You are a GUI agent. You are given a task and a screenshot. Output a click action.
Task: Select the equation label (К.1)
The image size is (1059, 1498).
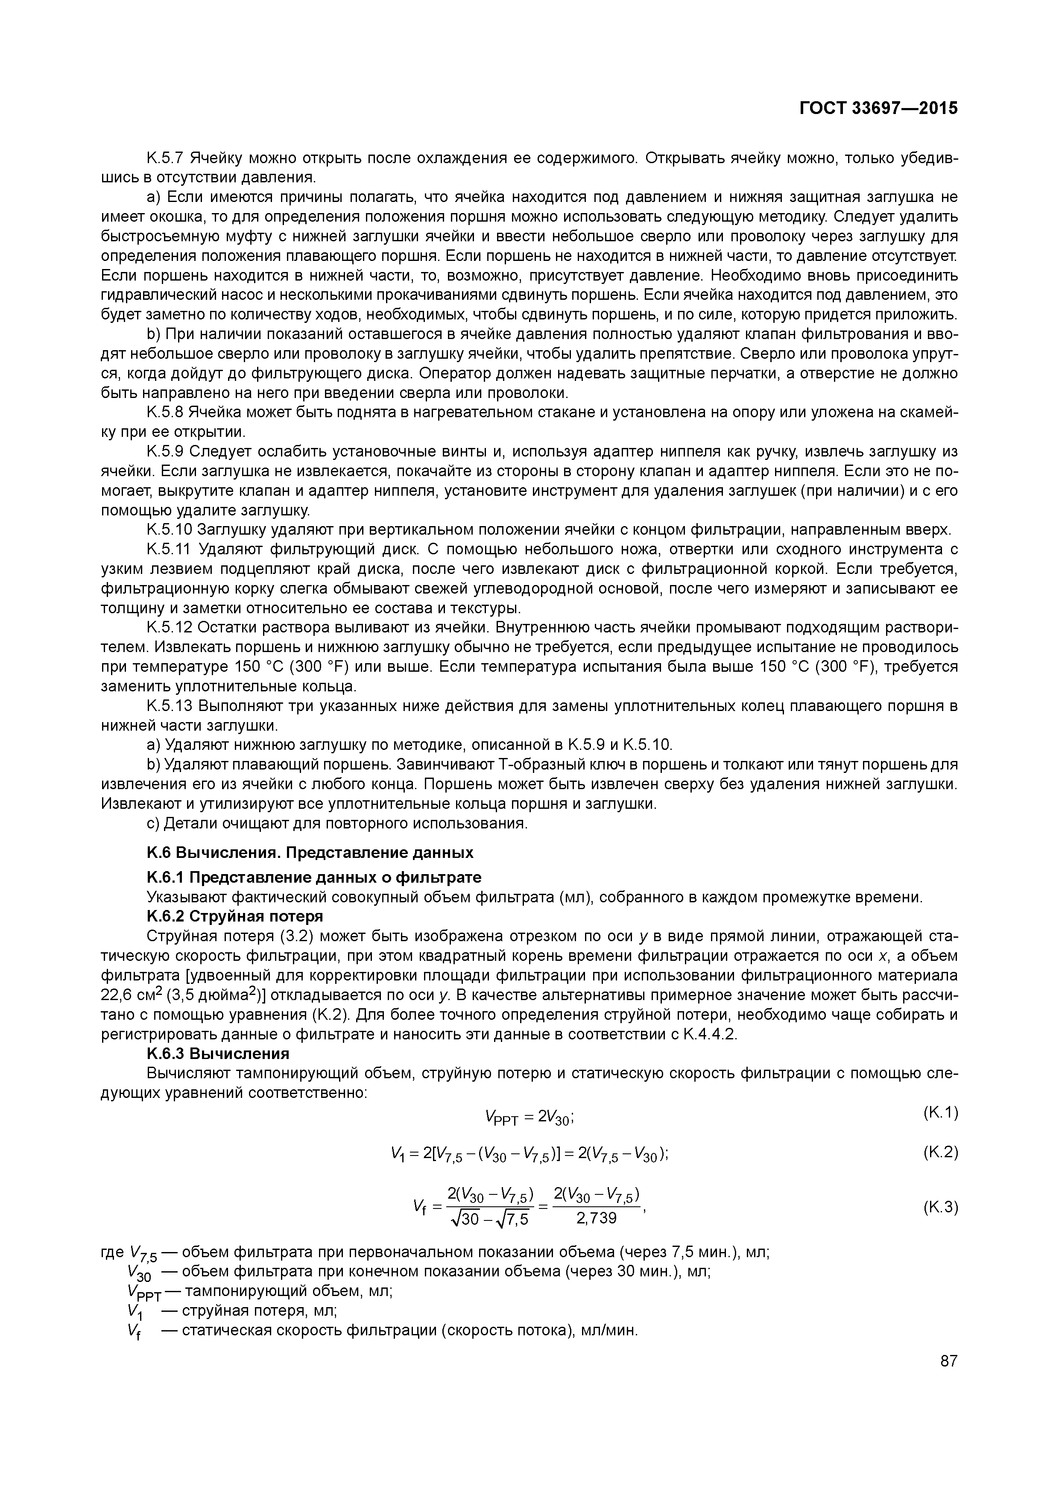click(x=940, y=1112)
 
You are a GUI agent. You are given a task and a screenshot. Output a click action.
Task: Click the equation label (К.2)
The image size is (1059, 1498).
click(x=940, y=1152)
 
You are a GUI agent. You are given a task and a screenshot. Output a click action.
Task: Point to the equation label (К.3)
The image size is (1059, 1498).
click(x=940, y=1207)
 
